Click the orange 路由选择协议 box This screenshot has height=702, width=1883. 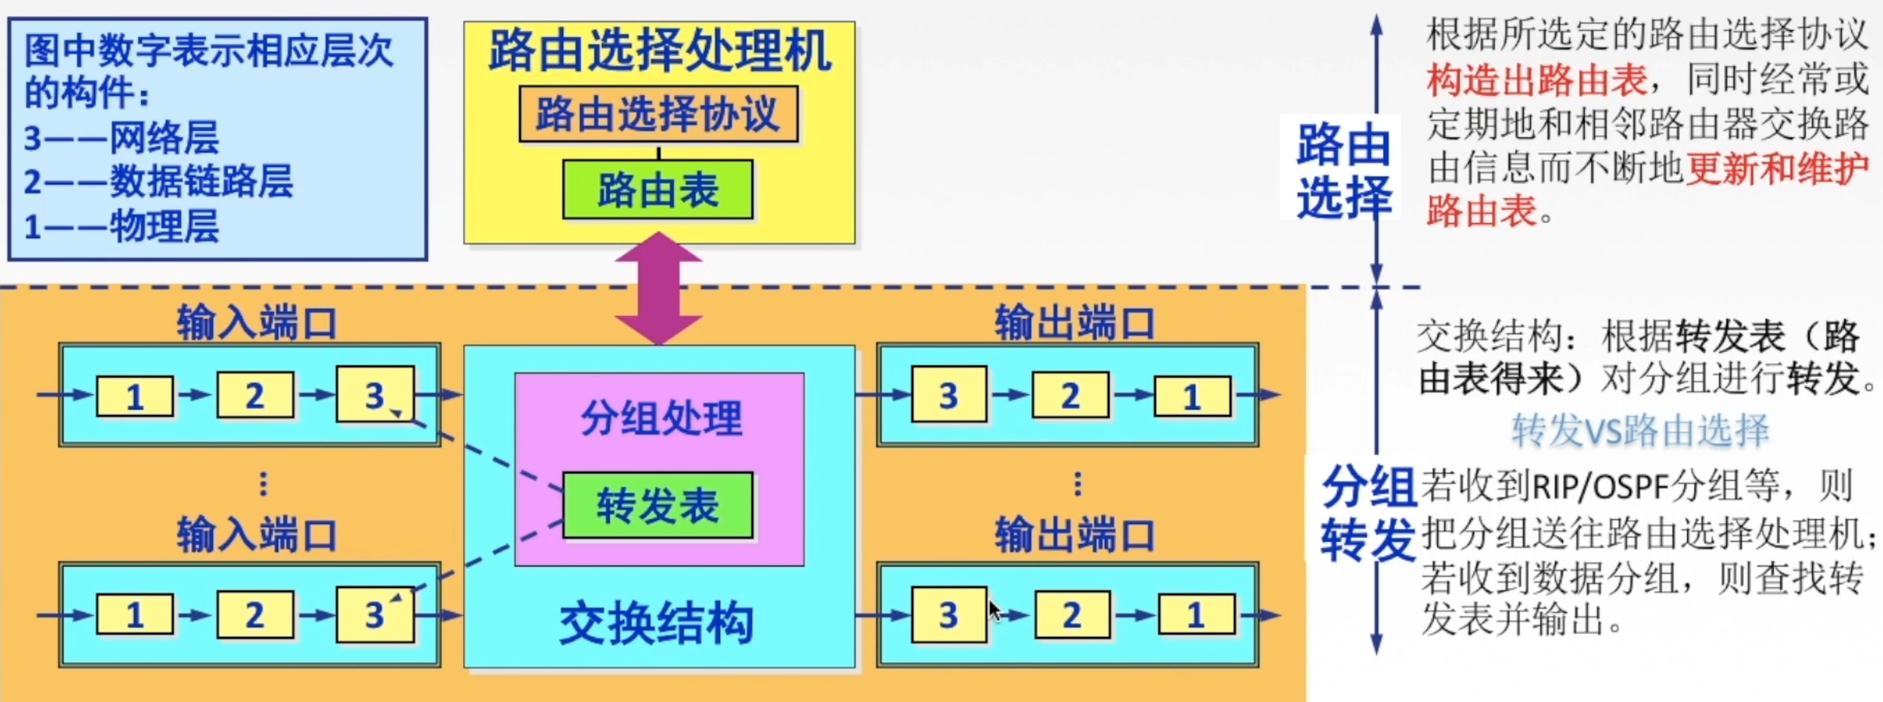coord(658,114)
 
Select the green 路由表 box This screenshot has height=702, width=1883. coord(658,190)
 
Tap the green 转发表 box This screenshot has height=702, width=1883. coord(658,505)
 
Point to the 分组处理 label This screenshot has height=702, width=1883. coord(661,418)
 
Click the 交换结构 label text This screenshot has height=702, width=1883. coord(656,624)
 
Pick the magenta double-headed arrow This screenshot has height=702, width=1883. coord(658,288)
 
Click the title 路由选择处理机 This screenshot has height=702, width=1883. coord(659,51)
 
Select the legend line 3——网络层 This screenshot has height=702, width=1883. coord(122,139)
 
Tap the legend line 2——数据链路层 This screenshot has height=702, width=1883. coord(158,182)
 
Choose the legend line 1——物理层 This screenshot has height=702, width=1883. coord(122,227)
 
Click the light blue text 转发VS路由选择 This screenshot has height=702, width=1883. coord(1641,431)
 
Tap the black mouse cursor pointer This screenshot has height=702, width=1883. coord(995,611)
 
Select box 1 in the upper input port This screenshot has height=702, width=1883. coord(135,396)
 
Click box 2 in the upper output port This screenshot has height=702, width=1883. coord(1070,396)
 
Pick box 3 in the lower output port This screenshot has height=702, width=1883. coord(949,615)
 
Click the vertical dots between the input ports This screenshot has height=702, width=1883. coord(263,484)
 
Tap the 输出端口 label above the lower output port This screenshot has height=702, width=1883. coord(1074,536)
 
